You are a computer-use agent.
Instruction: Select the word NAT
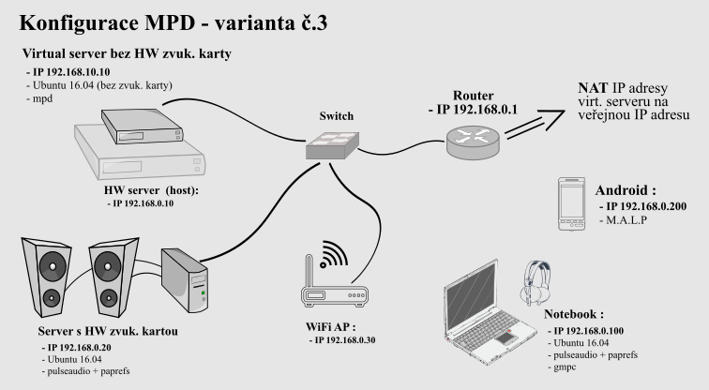click(x=590, y=87)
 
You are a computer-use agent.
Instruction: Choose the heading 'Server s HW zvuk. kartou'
click(x=98, y=331)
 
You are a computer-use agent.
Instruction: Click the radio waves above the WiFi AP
click(x=329, y=254)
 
